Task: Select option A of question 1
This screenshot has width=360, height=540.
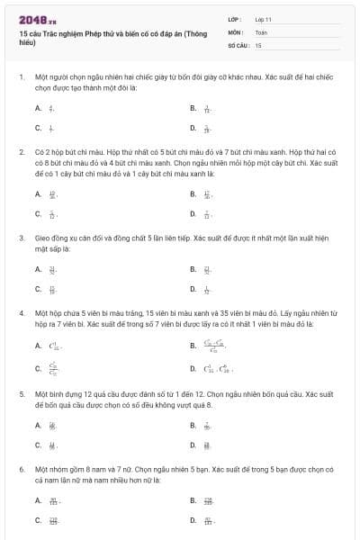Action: pos(39,108)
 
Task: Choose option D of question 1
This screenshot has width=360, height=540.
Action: pos(193,128)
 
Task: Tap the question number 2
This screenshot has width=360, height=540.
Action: pos(22,153)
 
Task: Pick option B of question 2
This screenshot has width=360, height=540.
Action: pos(193,193)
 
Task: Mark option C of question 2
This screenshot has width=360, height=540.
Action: pos(39,213)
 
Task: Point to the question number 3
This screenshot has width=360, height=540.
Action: pos(22,238)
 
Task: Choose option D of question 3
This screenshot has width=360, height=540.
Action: pos(193,289)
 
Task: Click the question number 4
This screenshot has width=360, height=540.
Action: pos(22,314)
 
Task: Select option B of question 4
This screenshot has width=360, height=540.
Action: pos(193,345)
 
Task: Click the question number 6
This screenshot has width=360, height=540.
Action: pos(22,470)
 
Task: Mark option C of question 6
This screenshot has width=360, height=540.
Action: pos(39,520)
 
